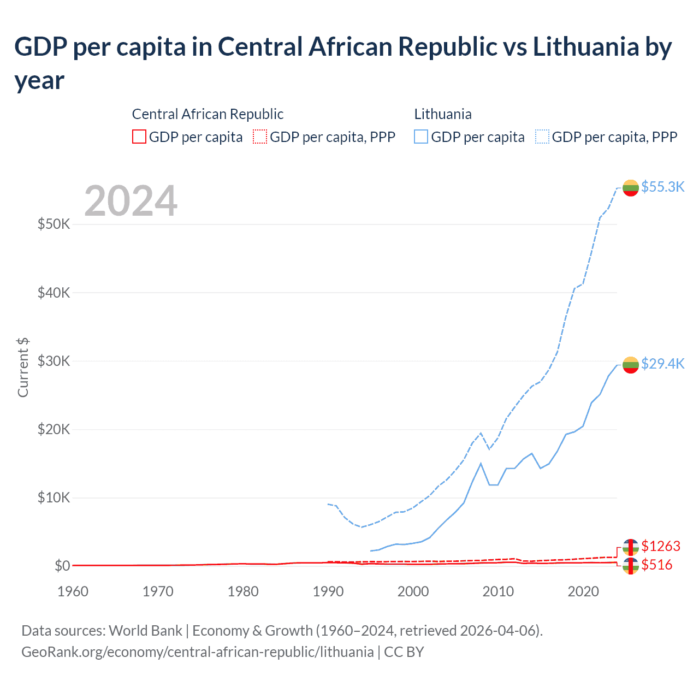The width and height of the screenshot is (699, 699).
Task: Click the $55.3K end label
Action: click(662, 187)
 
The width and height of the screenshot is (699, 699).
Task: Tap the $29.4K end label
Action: click(662, 364)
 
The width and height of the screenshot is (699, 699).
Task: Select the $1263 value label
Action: click(661, 546)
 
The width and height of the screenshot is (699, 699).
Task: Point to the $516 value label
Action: click(657, 565)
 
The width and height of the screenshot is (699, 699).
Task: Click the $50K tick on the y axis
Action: click(54, 224)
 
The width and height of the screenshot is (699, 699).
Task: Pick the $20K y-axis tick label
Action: click(54, 430)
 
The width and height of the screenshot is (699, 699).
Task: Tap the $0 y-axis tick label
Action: click(62, 566)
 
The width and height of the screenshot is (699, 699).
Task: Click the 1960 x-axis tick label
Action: click(73, 591)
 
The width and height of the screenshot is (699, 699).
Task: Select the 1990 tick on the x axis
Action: click(328, 591)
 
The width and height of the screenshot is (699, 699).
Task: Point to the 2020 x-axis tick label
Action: click(583, 591)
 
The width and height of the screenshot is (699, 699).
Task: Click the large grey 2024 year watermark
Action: click(131, 201)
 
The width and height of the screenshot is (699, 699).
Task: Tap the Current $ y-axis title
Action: click(23, 367)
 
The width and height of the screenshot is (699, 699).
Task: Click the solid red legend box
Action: click(139, 137)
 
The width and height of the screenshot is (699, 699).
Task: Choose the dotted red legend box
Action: click(260, 137)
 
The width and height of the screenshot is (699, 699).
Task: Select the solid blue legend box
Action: click(421, 137)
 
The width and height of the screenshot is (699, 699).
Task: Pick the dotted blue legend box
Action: click(542, 137)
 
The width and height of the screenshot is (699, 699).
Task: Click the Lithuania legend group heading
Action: click(443, 114)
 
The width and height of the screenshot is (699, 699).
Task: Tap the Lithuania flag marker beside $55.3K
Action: click(631, 188)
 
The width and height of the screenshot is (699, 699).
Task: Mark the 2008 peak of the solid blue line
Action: click(481, 464)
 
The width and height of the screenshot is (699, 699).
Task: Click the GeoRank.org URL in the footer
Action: click(197, 652)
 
